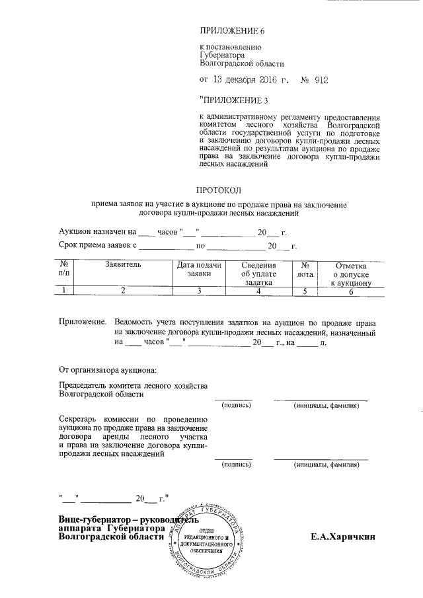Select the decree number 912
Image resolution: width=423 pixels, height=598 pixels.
click(x=317, y=81)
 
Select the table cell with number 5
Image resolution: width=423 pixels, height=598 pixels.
click(x=305, y=289)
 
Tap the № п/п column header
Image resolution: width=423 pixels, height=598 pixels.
click(x=63, y=269)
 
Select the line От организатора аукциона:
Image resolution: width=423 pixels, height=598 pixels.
click(x=107, y=368)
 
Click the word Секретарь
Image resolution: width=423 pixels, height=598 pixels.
click(x=80, y=420)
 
